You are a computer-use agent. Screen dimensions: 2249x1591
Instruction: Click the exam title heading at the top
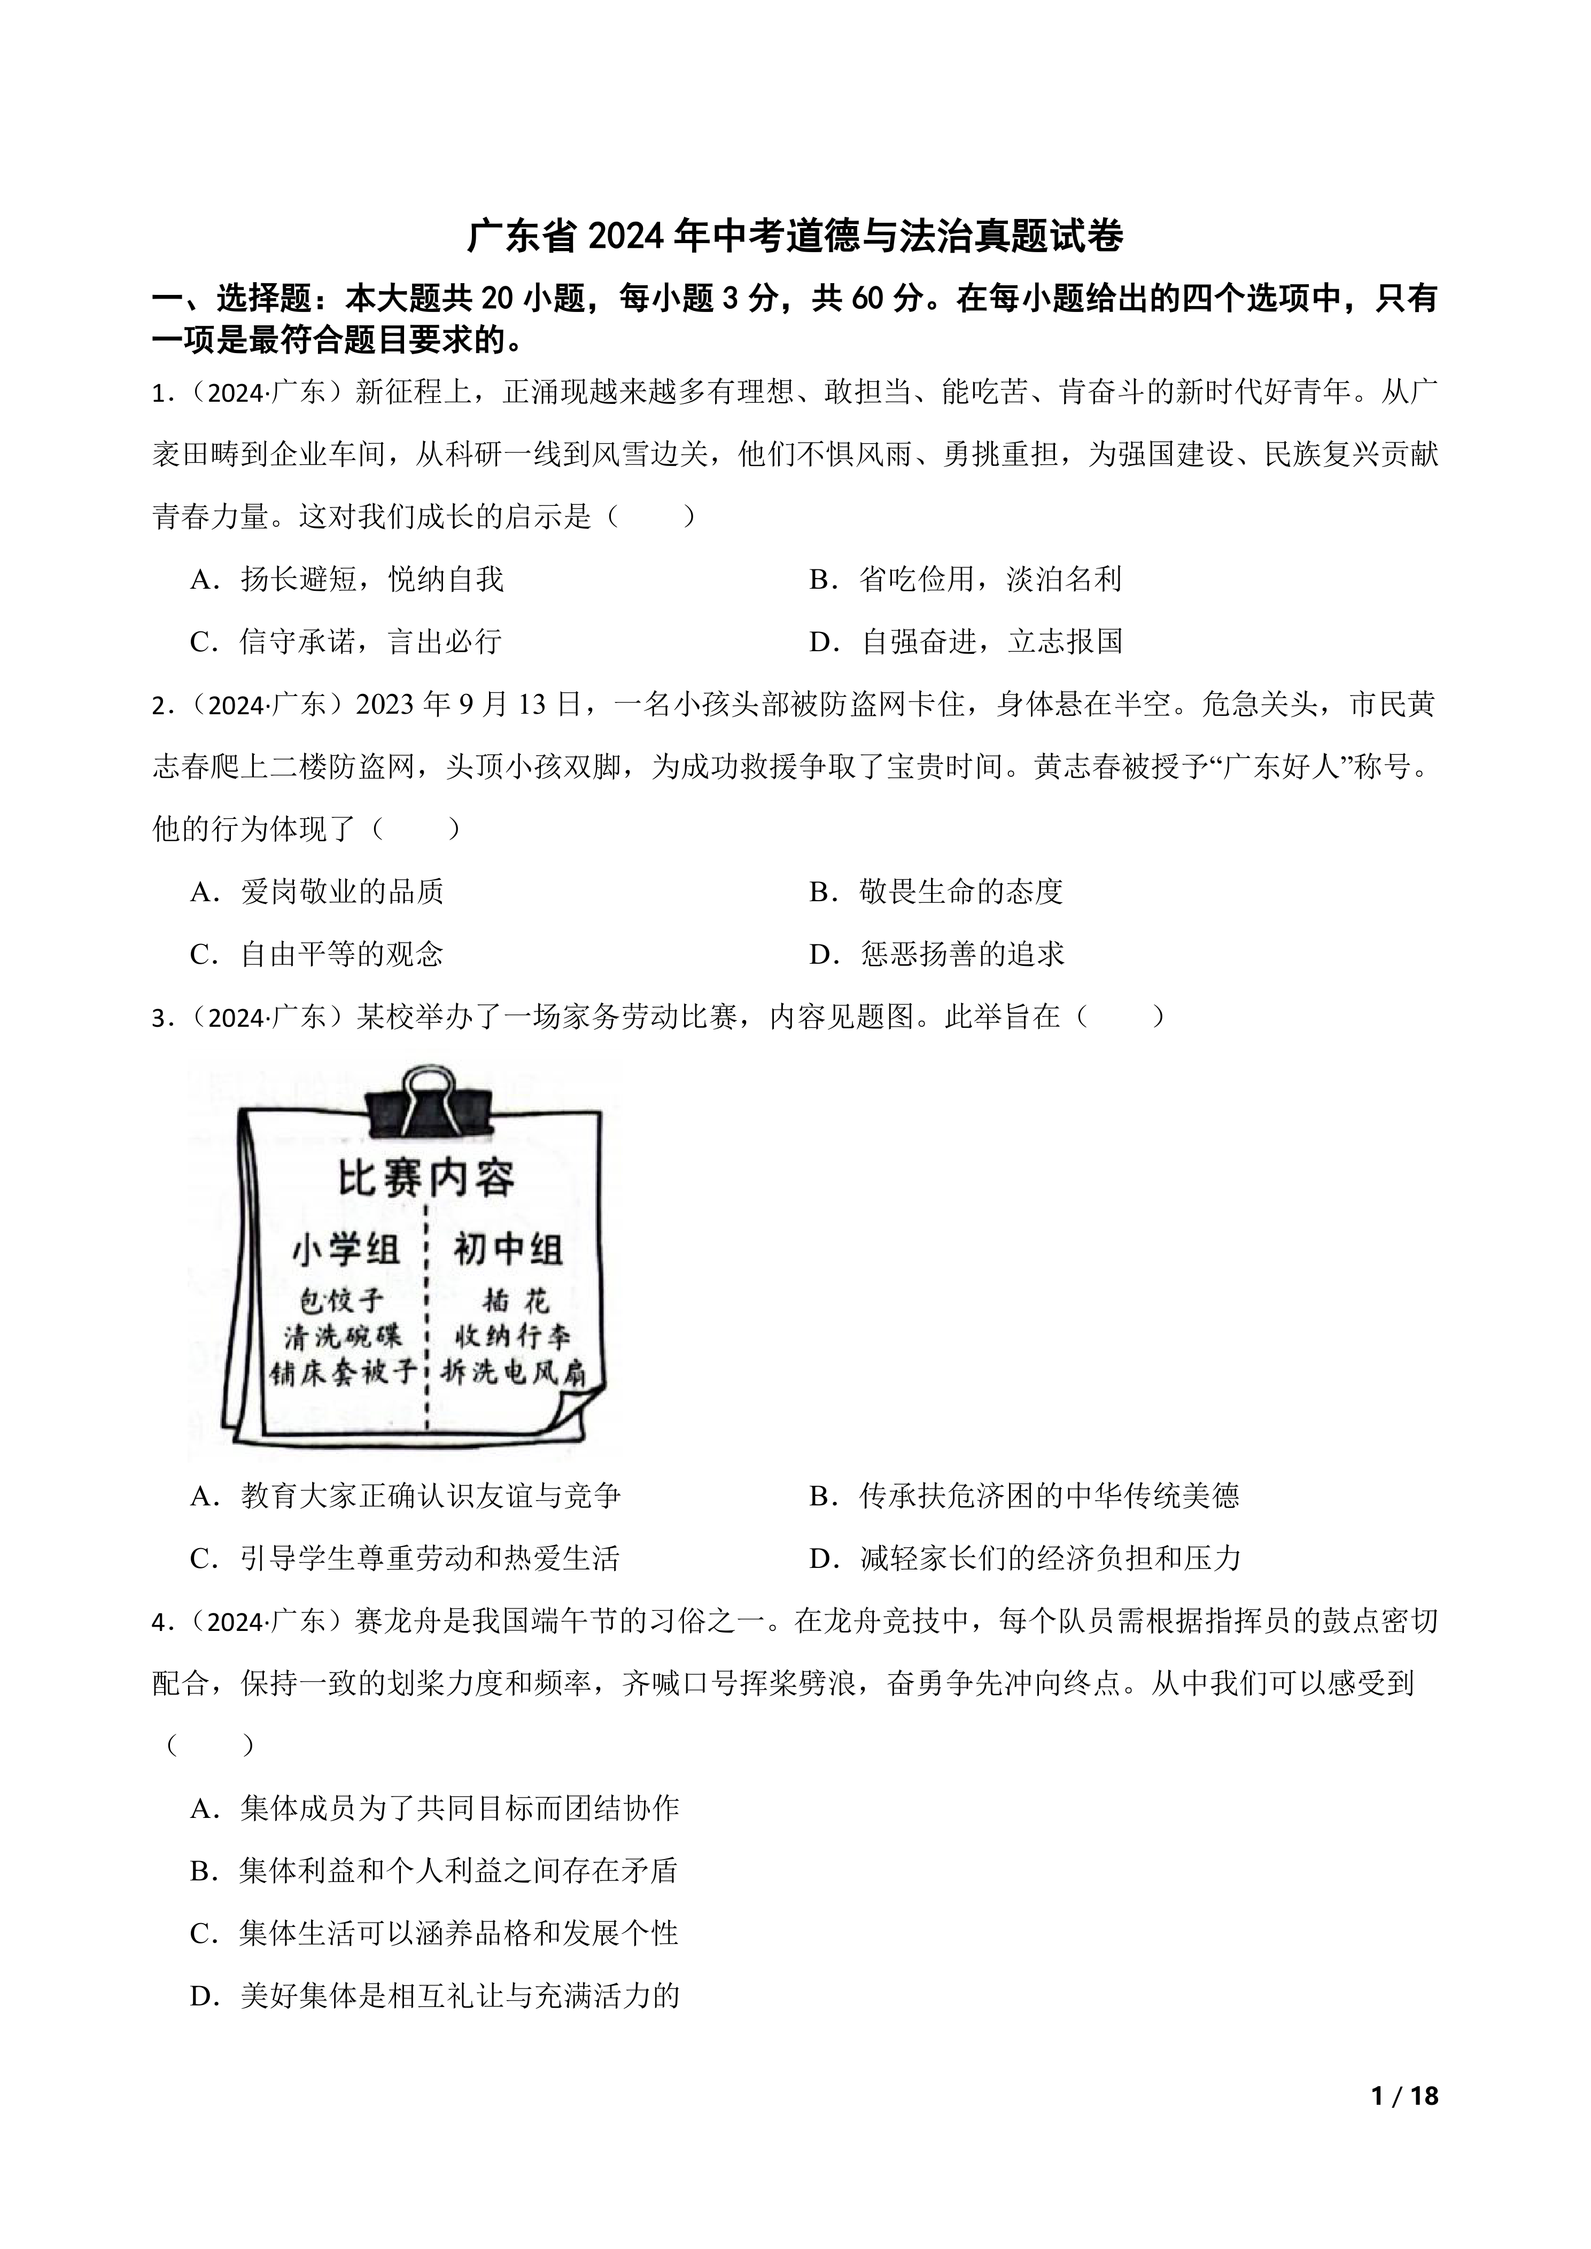coord(795,236)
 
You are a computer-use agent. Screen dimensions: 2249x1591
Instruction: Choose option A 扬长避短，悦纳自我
coord(347,579)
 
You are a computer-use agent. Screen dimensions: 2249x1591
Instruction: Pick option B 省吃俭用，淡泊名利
coord(965,579)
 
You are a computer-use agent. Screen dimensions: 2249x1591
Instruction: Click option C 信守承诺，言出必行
coord(346,642)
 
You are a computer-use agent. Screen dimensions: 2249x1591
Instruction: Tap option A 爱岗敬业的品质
coord(317,892)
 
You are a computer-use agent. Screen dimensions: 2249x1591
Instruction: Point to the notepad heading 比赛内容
coord(426,1178)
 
